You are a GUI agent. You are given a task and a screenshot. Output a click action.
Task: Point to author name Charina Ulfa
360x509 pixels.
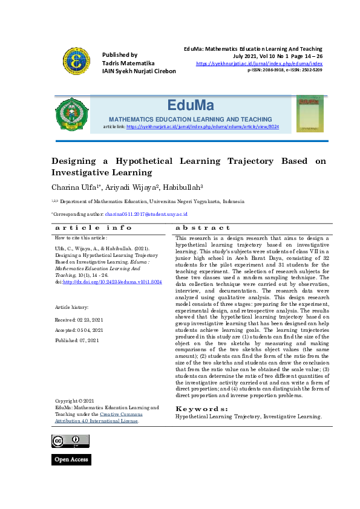click(76, 187)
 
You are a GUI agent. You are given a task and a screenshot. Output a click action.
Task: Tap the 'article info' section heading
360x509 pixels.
click(94, 228)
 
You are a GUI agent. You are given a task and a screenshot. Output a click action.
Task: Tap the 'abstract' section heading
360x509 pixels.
click(203, 228)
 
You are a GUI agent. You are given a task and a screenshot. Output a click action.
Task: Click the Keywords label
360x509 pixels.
click(201, 409)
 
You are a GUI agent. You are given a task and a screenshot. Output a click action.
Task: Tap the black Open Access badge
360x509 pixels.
click(71, 459)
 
